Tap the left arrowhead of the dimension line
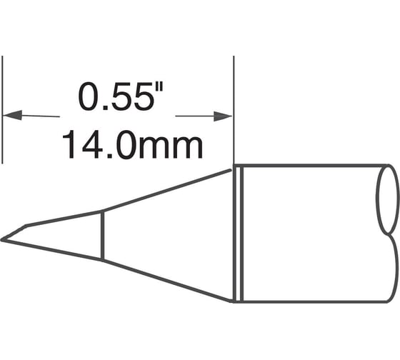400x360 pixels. [13, 114]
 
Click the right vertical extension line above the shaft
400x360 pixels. [235, 107]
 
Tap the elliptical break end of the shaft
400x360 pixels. [386, 199]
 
